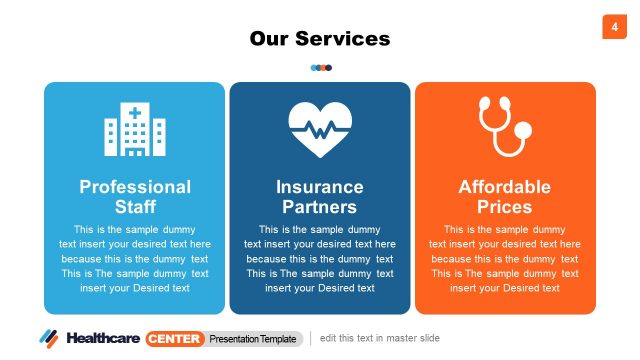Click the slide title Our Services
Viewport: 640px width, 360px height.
tap(320, 39)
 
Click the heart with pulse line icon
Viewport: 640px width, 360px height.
tap(320, 128)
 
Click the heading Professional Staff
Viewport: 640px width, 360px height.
tap(135, 197)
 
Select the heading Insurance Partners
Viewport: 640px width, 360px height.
tap(320, 197)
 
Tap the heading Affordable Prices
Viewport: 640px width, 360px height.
tap(505, 197)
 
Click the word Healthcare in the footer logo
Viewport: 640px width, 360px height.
tap(104, 338)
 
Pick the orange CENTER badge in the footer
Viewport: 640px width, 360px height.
tap(175, 338)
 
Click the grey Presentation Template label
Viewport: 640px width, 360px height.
tap(255, 338)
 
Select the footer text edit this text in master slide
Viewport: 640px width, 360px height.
tap(380, 338)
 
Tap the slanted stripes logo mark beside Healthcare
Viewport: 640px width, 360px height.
tap(50, 338)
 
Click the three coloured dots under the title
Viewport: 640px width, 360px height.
tap(321, 68)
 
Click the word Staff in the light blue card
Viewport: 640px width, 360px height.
tap(135, 208)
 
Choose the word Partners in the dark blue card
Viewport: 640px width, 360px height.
tap(320, 208)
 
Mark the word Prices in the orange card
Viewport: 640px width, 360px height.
tap(505, 208)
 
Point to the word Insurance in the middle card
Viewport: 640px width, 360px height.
tap(320, 187)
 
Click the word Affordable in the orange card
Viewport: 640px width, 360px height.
tap(505, 187)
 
